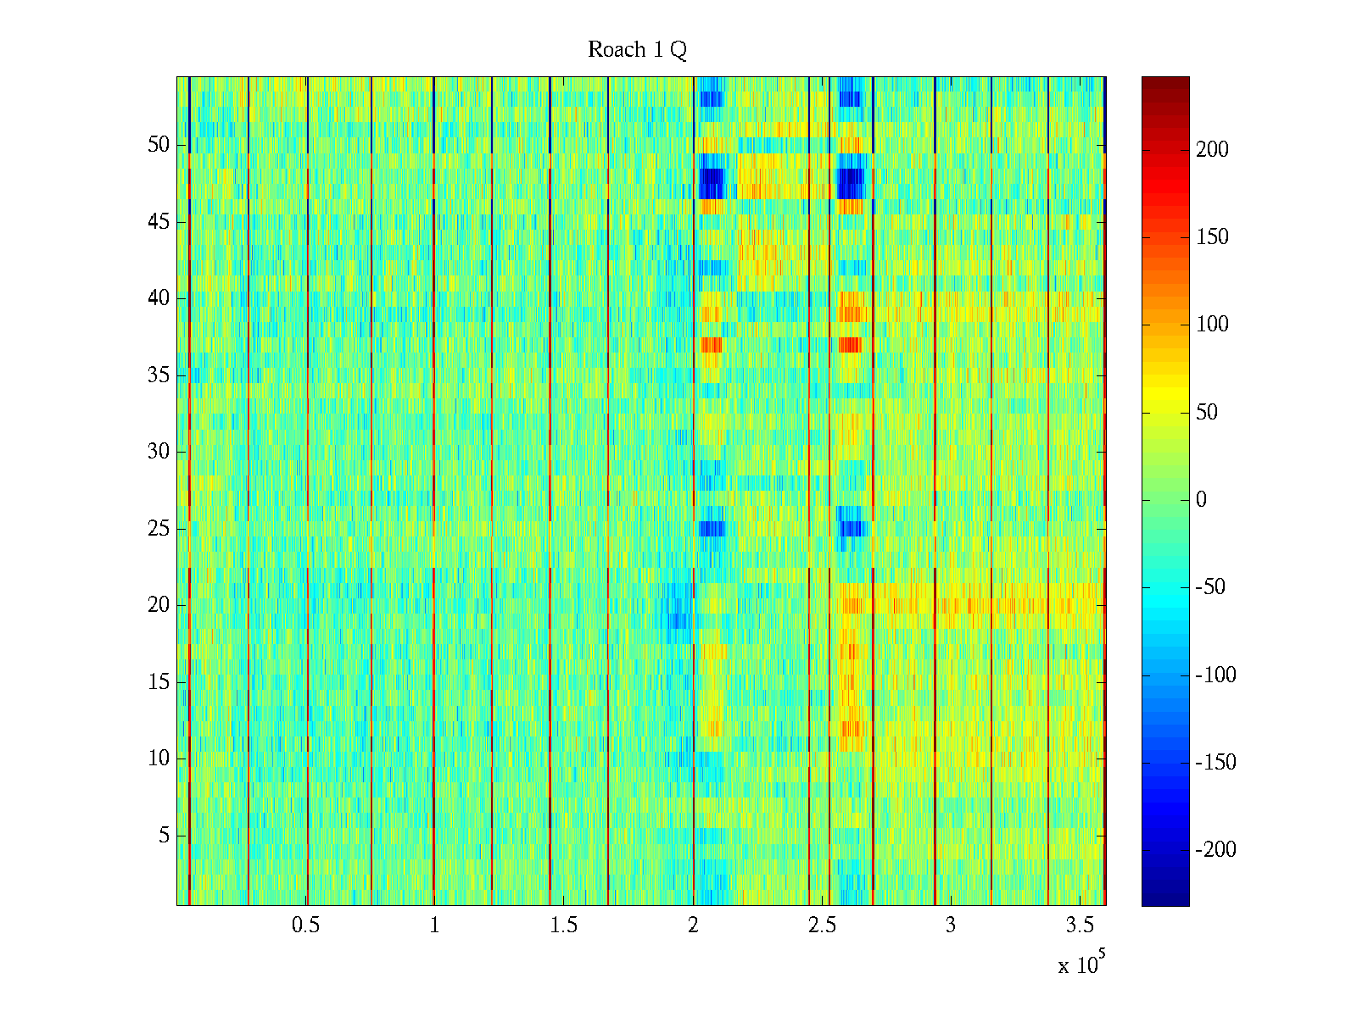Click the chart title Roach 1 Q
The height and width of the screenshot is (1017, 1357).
tap(637, 50)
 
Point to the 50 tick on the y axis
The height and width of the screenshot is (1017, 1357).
tap(159, 145)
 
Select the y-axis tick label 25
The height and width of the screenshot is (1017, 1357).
tap(159, 529)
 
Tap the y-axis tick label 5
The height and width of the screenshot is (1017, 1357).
tap(164, 836)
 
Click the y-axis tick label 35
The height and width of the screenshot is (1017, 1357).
tap(159, 375)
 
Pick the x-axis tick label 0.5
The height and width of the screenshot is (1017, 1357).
tap(306, 925)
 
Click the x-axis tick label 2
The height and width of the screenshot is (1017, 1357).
tap(693, 925)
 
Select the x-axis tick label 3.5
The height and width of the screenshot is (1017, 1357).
tap(1080, 925)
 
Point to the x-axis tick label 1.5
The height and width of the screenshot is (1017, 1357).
tap(564, 925)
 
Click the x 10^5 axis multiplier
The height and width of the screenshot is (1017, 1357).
tap(1081, 964)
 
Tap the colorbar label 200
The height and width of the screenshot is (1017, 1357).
tap(1212, 150)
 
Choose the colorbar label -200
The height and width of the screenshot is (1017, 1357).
tap(1215, 850)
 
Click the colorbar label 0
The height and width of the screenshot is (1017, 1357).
tap(1201, 500)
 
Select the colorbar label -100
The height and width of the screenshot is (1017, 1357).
tap(1215, 675)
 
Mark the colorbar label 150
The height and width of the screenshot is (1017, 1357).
tap(1212, 237)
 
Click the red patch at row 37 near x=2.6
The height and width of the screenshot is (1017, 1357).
tap(850, 345)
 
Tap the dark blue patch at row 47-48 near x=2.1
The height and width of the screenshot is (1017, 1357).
tap(712, 183)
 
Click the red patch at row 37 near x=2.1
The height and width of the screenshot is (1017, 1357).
tap(712, 345)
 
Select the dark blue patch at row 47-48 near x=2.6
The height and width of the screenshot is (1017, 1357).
tap(850, 183)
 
